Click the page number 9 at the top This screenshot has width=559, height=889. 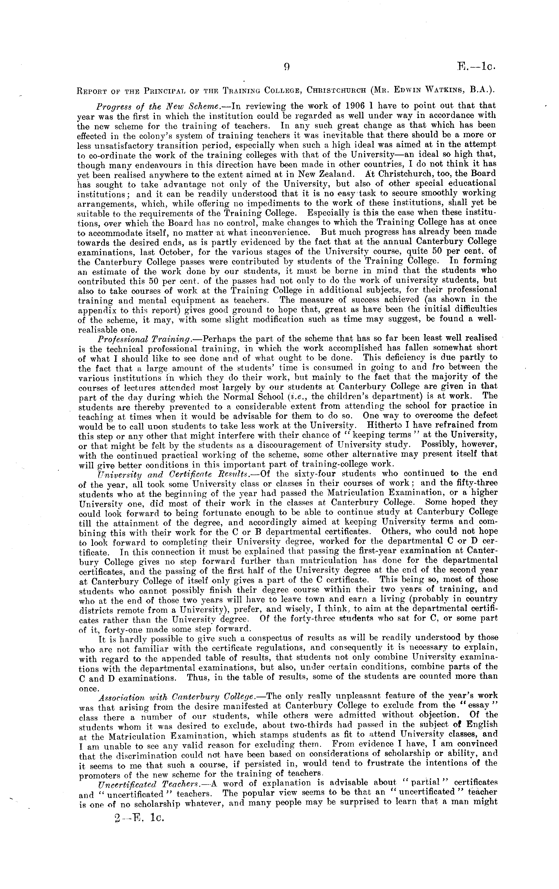(x=286, y=67)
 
